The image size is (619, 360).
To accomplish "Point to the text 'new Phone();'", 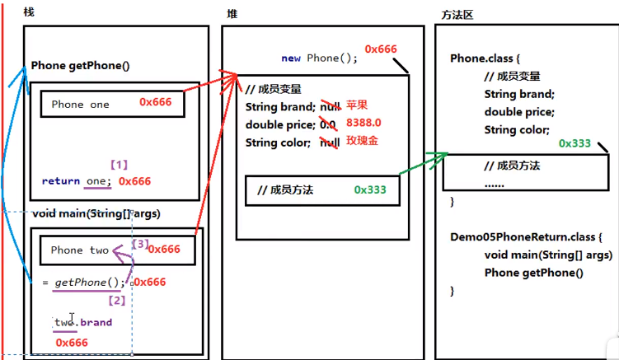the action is (x=320, y=58).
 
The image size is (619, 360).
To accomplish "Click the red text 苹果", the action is (x=356, y=106).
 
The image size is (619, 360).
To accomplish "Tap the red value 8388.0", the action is (x=363, y=124).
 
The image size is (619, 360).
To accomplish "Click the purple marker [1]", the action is (x=119, y=165).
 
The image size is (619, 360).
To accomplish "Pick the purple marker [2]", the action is (x=118, y=300).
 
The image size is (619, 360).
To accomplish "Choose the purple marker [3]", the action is (x=141, y=244).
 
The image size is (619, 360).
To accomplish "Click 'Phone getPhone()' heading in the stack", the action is (x=81, y=66).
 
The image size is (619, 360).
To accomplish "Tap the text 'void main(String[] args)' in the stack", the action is (x=96, y=213).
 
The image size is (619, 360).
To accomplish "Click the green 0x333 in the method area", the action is (x=574, y=143).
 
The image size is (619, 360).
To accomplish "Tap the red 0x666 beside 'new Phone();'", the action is (x=381, y=49).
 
